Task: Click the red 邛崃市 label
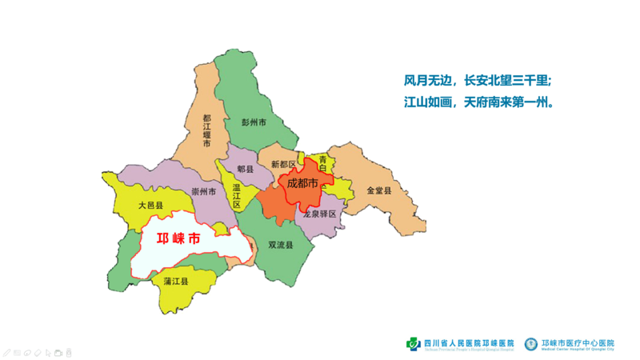(x=178, y=239)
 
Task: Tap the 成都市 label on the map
(x=302, y=183)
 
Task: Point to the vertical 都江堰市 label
(x=206, y=130)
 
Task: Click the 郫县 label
(x=245, y=170)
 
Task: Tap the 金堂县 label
(x=378, y=190)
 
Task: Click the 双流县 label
(x=280, y=245)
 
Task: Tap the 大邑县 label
(x=150, y=205)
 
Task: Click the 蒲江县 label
(x=175, y=282)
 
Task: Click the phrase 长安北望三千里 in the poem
(x=507, y=81)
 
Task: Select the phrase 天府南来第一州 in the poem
(x=509, y=102)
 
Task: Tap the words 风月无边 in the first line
(x=429, y=81)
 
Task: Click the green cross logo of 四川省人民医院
(x=413, y=344)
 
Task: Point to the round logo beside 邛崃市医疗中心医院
(x=531, y=344)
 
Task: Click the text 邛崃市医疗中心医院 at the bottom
(x=578, y=342)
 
